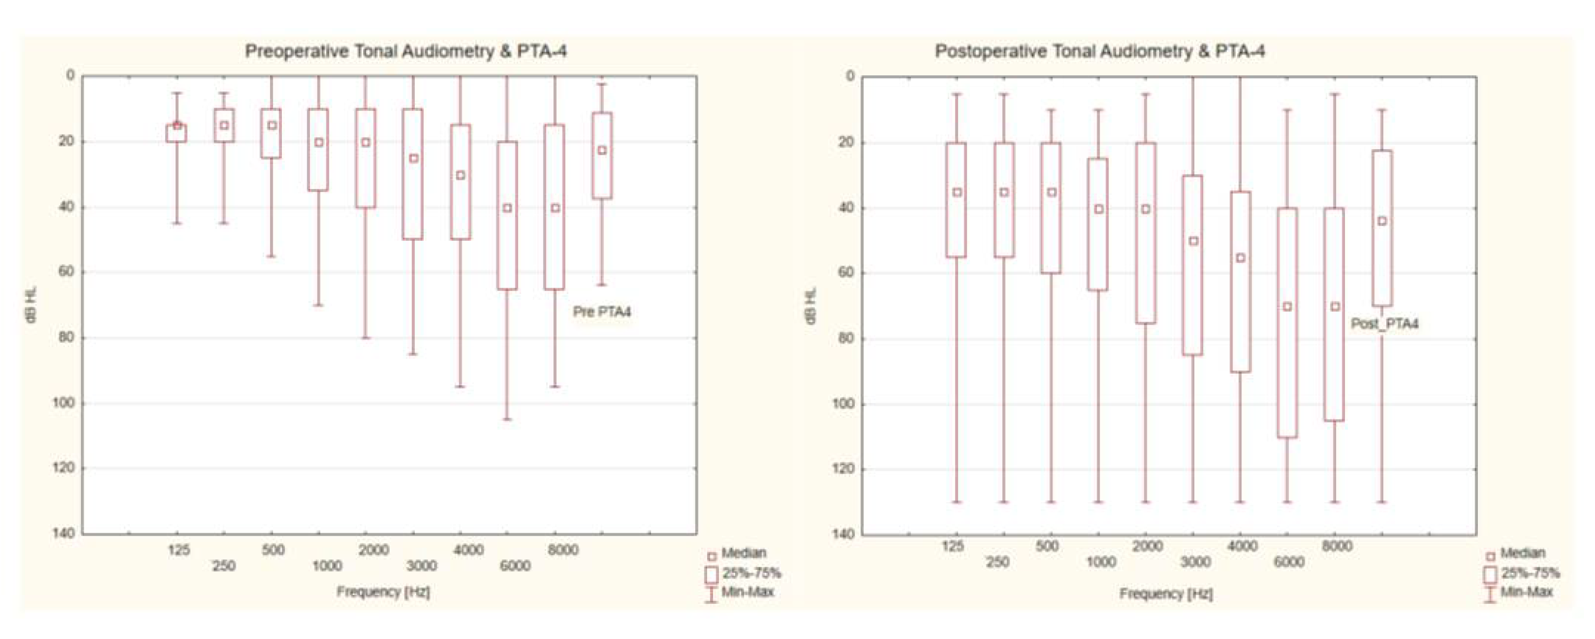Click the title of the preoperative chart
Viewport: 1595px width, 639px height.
point(406,51)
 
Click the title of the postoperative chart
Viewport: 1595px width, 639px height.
point(1100,51)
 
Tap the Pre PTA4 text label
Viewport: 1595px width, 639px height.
point(601,312)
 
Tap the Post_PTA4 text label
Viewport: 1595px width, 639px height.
point(1384,323)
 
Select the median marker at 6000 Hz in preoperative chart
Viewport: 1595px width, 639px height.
point(507,208)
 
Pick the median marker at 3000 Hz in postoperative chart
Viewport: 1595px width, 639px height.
point(1193,241)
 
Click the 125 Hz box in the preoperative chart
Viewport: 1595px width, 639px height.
point(177,133)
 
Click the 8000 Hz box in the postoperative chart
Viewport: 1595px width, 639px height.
point(1334,347)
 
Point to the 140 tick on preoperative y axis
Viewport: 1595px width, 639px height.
point(67,533)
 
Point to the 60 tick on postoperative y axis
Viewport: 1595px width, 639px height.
point(847,272)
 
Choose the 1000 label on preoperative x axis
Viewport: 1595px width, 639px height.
point(326,566)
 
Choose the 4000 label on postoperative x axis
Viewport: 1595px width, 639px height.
point(1242,546)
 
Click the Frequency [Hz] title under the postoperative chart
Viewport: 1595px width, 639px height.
point(1166,594)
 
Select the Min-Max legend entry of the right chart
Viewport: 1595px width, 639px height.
point(1526,592)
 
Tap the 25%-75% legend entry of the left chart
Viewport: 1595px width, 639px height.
point(750,573)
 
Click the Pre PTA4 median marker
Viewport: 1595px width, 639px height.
point(602,150)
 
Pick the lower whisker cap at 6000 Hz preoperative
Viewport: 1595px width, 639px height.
point(507,420)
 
